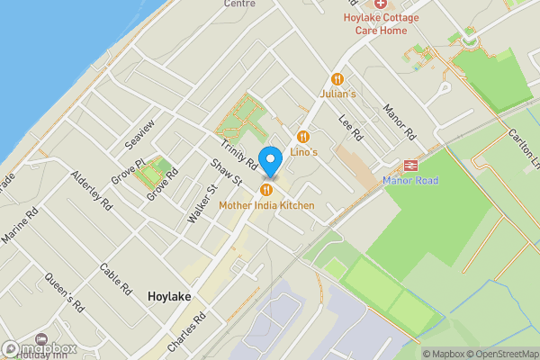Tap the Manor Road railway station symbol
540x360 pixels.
(410, 166)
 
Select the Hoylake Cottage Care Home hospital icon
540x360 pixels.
(380, 4)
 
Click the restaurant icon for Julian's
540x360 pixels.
(338, 79)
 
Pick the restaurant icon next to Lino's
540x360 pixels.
(303, 137)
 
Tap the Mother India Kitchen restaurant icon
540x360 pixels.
(266, 190)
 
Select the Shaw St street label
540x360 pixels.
(226, 173)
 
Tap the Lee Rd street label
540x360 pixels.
(350, 129)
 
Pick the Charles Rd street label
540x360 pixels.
(186, 331)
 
